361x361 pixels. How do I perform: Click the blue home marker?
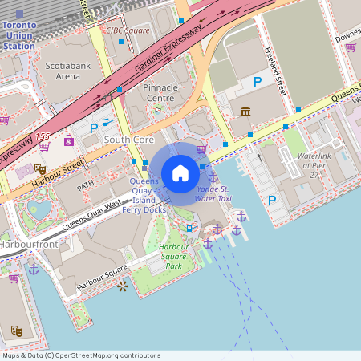tap(180, 173)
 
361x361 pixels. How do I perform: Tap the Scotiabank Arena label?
tap(63, 71)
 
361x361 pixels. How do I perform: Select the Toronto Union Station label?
tap(19, 36)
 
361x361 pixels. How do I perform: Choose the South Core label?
tap(128, 140)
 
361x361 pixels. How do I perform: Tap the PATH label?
tap(85, 186)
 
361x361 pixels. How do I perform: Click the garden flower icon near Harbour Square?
tap(122, 285)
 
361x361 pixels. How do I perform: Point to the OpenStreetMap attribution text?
tap(80, 355)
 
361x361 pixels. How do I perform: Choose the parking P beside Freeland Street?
tap(258, 82)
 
